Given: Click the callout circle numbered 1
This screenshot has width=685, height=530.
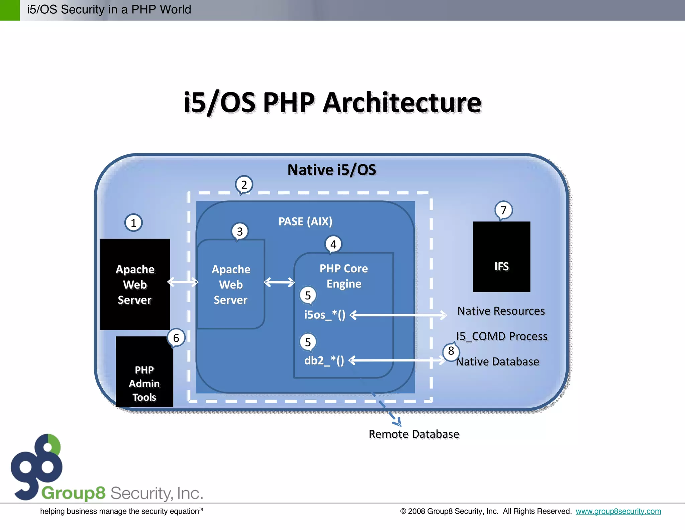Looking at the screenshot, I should [x=133, y=223].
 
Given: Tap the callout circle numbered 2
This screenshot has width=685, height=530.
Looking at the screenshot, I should [x=244, y=185].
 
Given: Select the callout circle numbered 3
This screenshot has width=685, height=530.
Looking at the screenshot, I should [x=240, y=231].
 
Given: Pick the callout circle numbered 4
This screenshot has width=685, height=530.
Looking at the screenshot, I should [x=333, y=245].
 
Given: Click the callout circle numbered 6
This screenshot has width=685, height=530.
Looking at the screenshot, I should [x=176, y=338].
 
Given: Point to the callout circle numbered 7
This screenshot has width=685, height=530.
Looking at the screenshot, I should [x=503, y=210].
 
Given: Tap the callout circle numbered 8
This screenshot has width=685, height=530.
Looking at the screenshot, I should [x=451, y=351].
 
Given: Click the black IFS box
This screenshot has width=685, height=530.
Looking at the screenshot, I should [x=501, y=257].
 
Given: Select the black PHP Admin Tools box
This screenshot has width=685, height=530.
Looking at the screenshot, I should [x=144, y=372].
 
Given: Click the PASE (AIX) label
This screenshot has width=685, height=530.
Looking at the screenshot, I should [x=305, y=221].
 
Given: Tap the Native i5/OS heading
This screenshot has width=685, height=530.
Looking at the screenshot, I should [x=331, y=170].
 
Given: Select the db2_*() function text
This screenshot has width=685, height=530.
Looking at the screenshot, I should [x=324, y=360].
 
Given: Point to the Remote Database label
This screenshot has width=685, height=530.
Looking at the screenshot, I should [x=414, y=434].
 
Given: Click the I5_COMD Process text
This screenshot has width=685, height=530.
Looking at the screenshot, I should [x=502, y=336].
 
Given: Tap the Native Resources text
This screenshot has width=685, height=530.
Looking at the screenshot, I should [x=501, y=311].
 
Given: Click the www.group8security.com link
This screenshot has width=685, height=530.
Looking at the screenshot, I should [x=618, y=511].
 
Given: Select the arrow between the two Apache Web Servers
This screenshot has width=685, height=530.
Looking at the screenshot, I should [x=183, y=282].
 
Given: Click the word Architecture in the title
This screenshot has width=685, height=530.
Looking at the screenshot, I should [x=402, y=103].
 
